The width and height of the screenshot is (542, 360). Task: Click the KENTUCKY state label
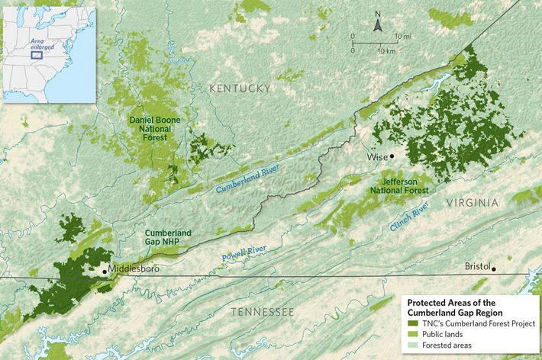pyautogui.click(x=240, y=88)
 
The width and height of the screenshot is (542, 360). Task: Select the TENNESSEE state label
pyautogui.click(x=262, y=313)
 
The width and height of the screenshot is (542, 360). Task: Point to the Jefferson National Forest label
pyautogui.click(x=397, y=185)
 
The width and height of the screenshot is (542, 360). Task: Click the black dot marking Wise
pyautogui.click(x=392, y=156)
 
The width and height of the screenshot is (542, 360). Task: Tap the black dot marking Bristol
pyautogui.click(x=494, y=268)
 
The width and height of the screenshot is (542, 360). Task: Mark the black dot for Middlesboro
pyautogui.click(x=104, y=270)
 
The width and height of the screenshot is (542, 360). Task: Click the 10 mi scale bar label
pyautogui.click(x=403, y=37)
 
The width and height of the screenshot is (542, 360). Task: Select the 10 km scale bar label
pyautogui.click(x=386, y=50)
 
